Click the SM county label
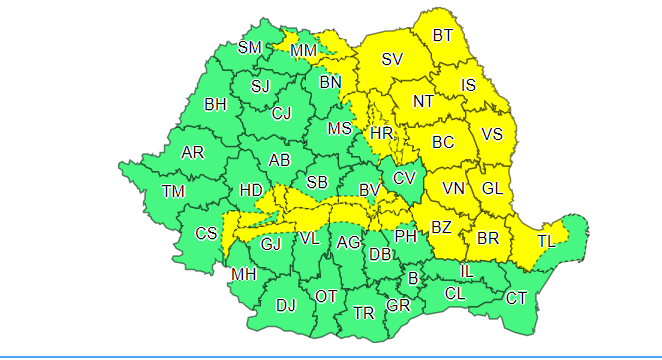[250, 48]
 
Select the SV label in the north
[392, 60]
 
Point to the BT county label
[443, 37]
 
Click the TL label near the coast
[547, 241]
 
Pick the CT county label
[516, 298]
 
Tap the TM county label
[173, 192]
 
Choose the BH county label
[215, 103]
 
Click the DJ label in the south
[286, 305]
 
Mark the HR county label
[381, 133]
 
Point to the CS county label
[206, 234]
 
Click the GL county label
[492, 188]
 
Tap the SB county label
[317, 182]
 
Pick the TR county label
[364, 313]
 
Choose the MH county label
[243, 274]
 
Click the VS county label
[492, 134]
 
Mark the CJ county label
[282, 113]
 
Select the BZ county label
[441, 228]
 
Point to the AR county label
[192, 153]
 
